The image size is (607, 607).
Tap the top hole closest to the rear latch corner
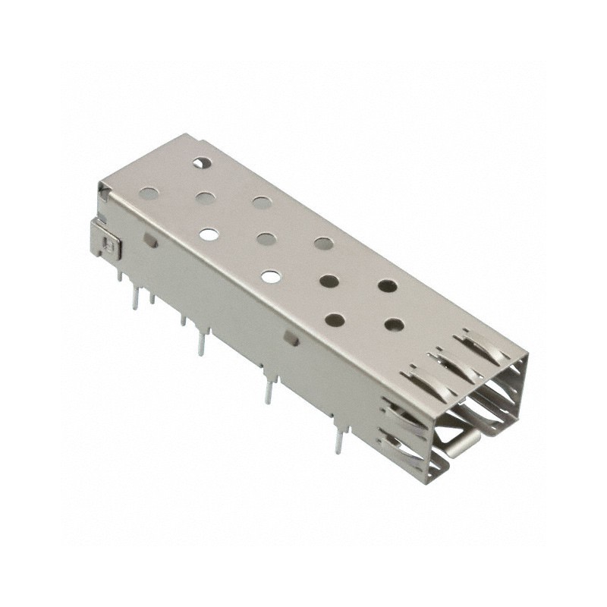pos(150,193)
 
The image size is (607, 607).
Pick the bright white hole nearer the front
pos(269,275)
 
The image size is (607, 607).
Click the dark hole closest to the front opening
pos(394,325)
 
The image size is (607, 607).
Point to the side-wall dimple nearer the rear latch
pos(151,241)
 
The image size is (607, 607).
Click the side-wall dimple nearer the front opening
pos(291,337)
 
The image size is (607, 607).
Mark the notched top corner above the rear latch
pos(102,190)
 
